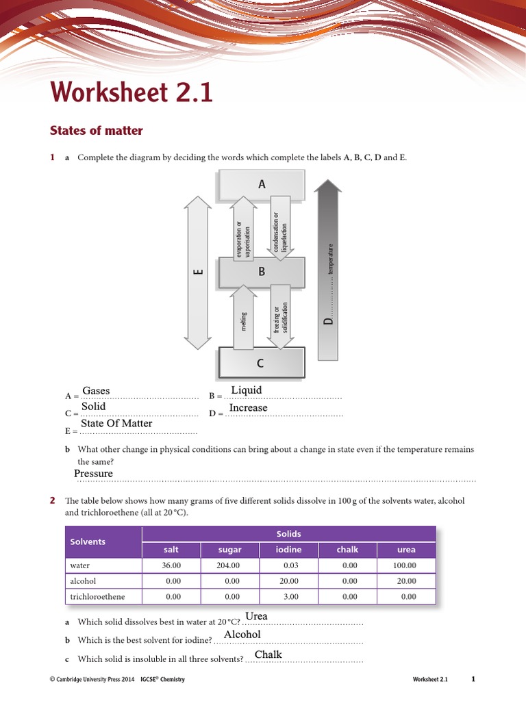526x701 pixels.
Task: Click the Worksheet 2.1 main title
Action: [131, 92]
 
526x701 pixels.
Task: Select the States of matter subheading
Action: [97, 130]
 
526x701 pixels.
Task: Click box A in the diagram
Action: [261, 184]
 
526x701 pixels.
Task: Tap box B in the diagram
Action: [261, 272]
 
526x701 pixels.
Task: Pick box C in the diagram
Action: [260, 363]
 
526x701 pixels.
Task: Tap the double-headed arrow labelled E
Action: [198, 272]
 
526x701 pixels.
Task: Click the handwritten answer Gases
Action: [96, 391]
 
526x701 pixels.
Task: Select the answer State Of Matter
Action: [116, 424]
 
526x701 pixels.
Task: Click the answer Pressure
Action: [93, 474]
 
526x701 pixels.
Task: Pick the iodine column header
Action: [288, 550]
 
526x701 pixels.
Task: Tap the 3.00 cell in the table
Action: [290, 597]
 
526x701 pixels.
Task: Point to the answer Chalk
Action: [268, 655]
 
